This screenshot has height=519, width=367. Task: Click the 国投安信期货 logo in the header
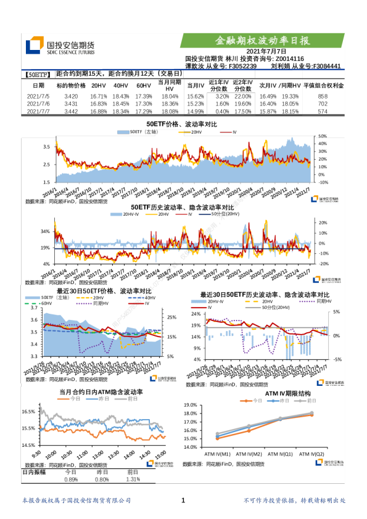pyautogui.click(x=60, y=47)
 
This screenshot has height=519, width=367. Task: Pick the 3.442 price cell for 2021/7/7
pyautogui.click(x=71, y=112)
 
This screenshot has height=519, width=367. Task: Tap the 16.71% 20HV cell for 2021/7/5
pyautogui.click(x=99, y=97)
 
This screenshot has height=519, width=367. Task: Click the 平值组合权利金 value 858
pyautogui.click(x=323, y=97)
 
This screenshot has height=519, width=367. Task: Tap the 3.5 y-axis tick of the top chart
pyautogui.click(x=46, y=147)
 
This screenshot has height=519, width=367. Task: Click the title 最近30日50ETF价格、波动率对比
pyautogui.click(x=104, y=290)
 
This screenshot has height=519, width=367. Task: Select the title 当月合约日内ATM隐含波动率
pyautogui.click(x=101, y=391)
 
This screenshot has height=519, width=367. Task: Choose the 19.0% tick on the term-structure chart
pyautogui.click(x=189, y=406)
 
